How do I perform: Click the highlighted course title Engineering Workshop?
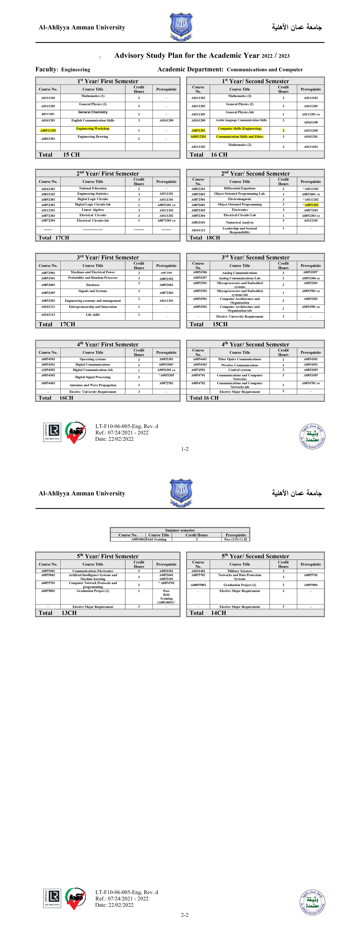click(93, 129)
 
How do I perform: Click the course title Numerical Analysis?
click(240, 223)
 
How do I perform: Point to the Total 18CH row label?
click(205, 238)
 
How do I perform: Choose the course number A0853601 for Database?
click(48, 285)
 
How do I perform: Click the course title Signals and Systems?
click(93, 291)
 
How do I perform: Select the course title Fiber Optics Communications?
click(240, 359)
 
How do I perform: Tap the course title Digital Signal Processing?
click(93, 377)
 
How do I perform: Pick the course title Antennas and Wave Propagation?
click(93, 385)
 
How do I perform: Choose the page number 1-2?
click(185, 449)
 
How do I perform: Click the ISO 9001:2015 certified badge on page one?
click(52, 432)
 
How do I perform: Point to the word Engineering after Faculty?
click(76, 69)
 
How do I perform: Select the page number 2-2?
click(185, 915)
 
